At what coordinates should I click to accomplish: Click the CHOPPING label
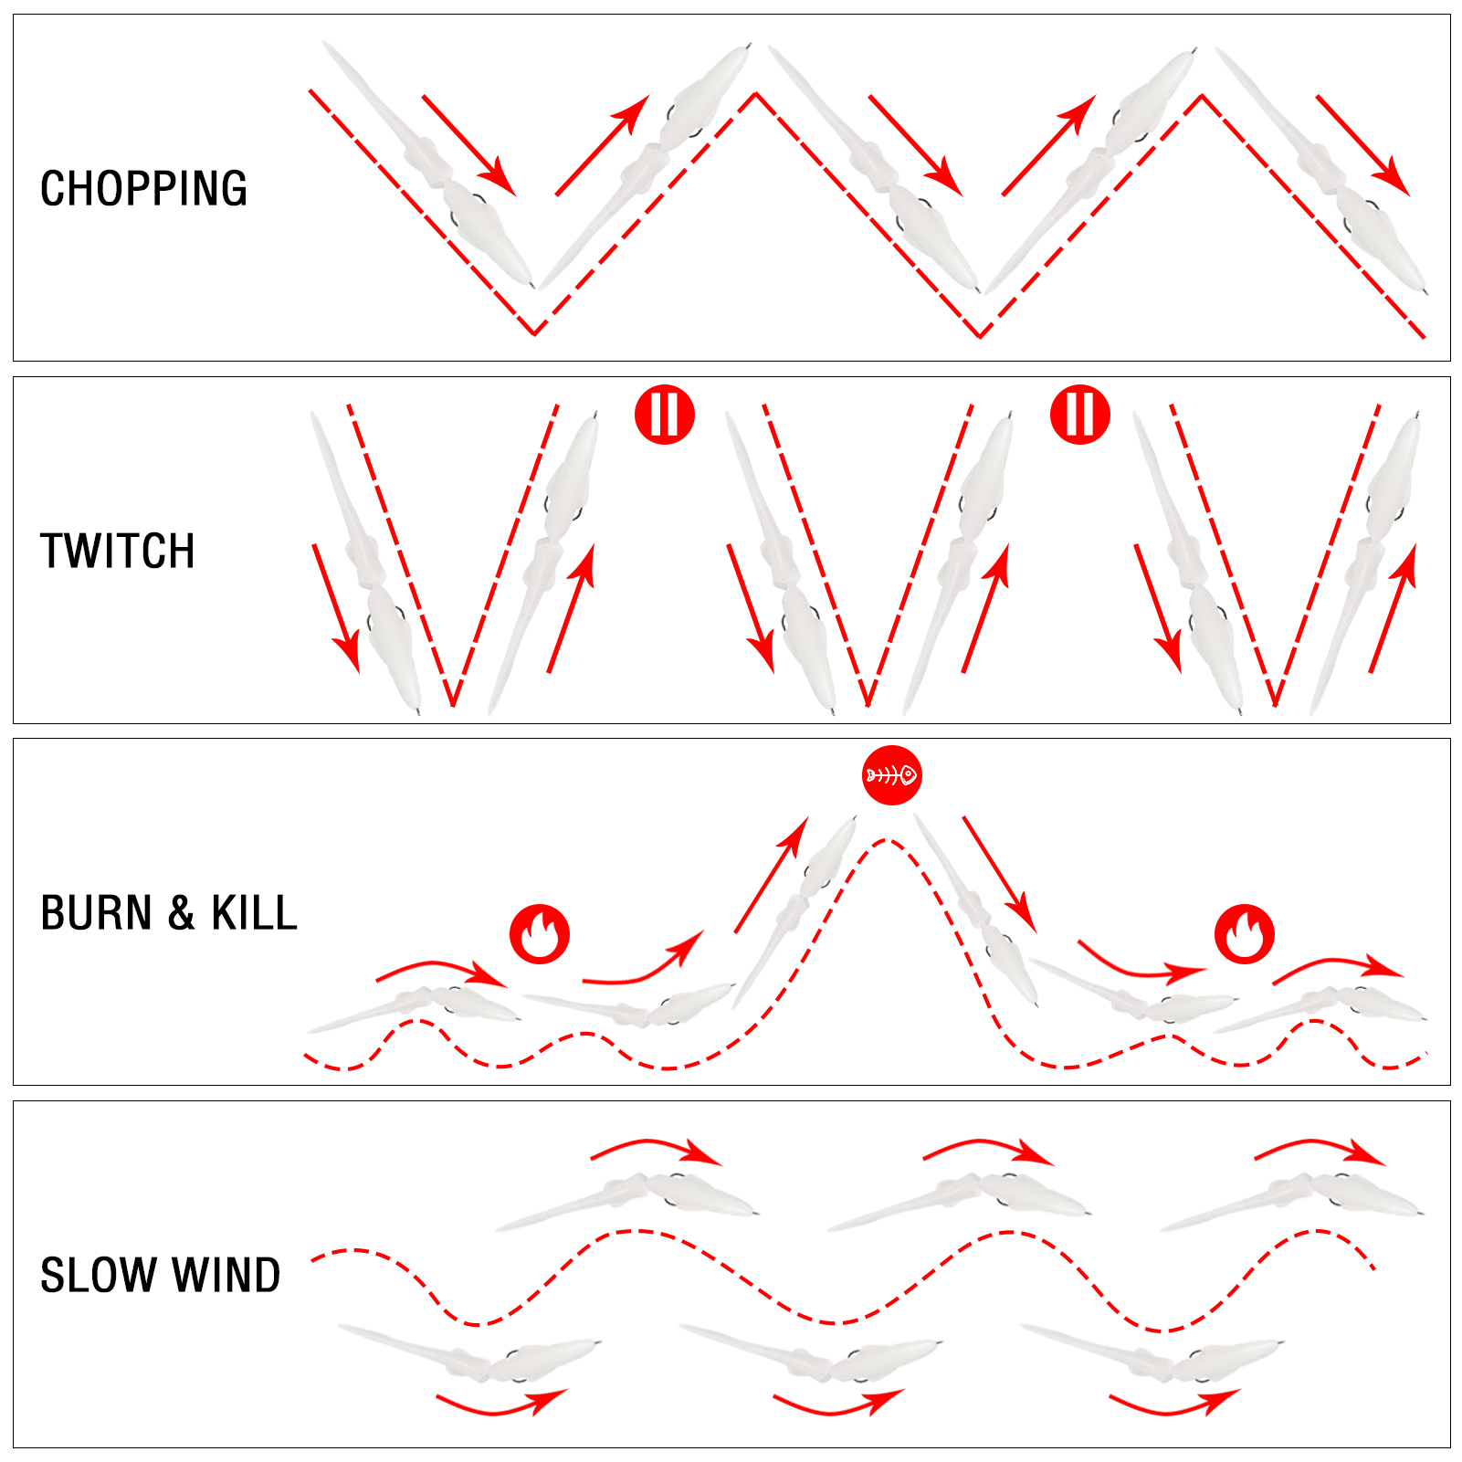[143, 189]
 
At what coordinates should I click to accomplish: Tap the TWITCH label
[118, 552]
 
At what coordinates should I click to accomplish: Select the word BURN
[96, 913]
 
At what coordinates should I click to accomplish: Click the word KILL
[255, 913]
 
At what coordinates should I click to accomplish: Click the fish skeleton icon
[891, 775]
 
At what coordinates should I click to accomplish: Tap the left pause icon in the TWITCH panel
[665, 415]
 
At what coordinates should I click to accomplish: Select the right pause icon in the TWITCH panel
[1080, 415]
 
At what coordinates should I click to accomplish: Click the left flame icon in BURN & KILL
[540, 934]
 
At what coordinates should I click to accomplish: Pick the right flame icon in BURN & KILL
[1245, 934]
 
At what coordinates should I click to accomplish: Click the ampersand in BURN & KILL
[182, 913]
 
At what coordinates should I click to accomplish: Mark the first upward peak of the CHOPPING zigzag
[755, 93]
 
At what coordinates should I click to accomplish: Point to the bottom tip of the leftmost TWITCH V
[453, 706]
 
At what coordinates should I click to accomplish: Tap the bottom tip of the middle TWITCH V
[868, 706]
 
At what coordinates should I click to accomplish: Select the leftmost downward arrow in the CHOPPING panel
[469, 145]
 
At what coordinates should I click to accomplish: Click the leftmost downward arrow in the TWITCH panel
[336, 608]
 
